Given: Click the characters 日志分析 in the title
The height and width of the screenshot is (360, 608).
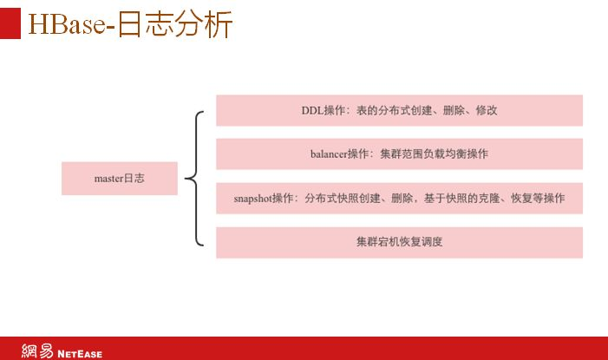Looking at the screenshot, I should tap(173, 24).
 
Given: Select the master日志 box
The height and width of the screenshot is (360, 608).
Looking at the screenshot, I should tap(120, 178).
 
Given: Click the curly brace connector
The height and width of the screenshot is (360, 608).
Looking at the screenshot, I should tap(197, 178).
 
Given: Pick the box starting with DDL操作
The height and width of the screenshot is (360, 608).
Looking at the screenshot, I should tap(399, 111).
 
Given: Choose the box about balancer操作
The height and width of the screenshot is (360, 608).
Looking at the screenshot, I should tap(399, 154).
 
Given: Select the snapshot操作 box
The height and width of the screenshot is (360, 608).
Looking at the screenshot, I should tap(399, 199).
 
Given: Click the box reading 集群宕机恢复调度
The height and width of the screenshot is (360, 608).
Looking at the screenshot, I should tap(399, 242).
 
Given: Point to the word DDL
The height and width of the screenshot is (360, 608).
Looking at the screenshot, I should tap(312, 111).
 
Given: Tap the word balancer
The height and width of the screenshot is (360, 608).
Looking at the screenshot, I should tap(329, 154).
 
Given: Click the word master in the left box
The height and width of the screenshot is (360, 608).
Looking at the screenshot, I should tap(108, 178).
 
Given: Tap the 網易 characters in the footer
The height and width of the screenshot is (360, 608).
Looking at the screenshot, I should tap(37, 351).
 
